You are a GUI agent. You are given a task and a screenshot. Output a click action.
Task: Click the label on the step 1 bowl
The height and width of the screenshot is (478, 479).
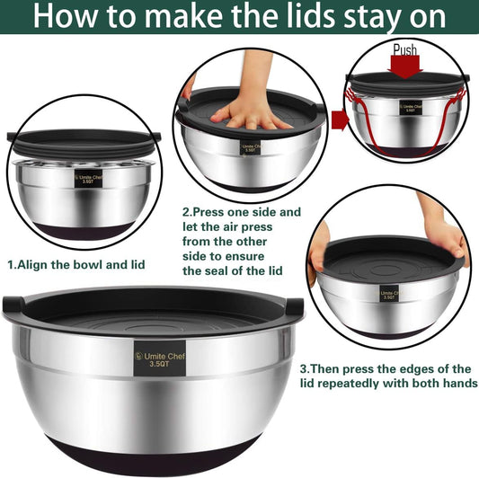tap(86, 178)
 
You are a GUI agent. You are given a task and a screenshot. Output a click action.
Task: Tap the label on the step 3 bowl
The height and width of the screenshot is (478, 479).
tap(388, 296)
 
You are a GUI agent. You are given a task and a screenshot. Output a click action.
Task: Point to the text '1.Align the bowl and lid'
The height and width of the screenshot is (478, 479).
tap(75, 265)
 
